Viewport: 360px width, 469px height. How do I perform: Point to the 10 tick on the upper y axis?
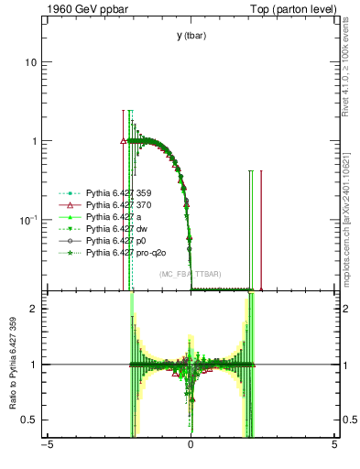[x=30, y=62]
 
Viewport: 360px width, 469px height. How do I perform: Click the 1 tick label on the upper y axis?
[x=34, y=141]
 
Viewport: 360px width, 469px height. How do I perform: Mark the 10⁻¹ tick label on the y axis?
[x=28, y=221]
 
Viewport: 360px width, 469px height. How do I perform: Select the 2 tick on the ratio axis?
[x=34, y=309]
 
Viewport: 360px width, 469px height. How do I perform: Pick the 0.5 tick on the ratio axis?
[x=30, y=420]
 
